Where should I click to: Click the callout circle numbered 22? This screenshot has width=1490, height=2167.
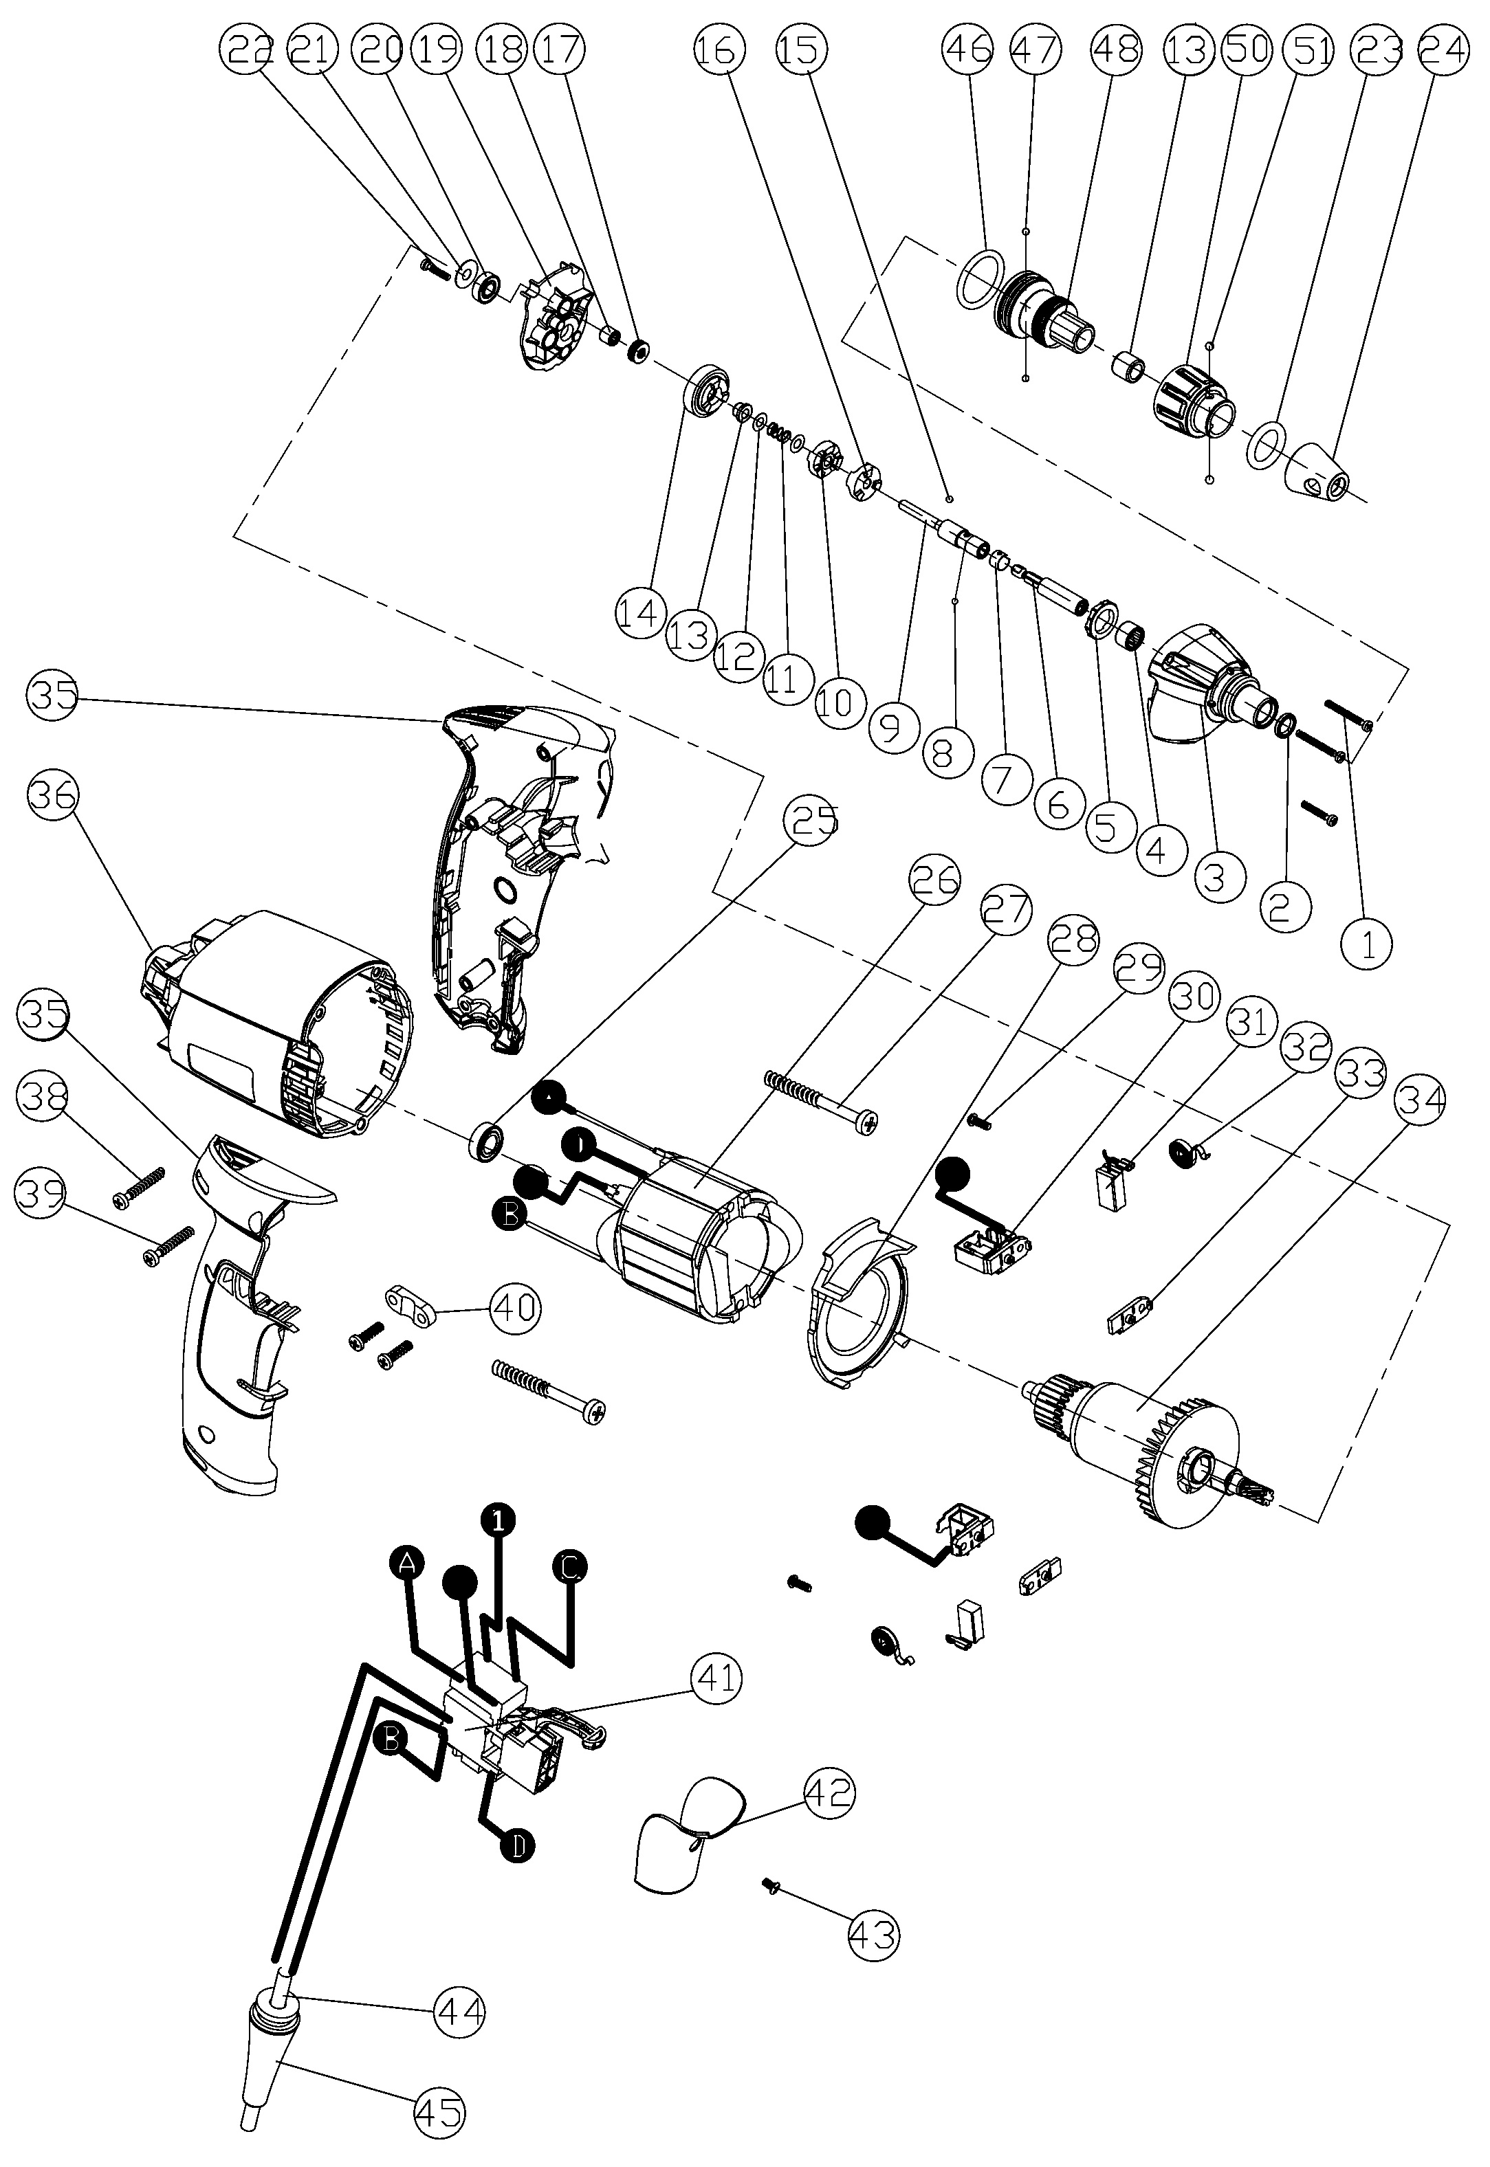[245, 50]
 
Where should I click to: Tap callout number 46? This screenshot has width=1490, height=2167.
[968, 50]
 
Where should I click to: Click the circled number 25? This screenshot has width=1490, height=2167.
[814, 821]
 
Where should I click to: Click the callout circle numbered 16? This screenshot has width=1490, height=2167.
[719, 50]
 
